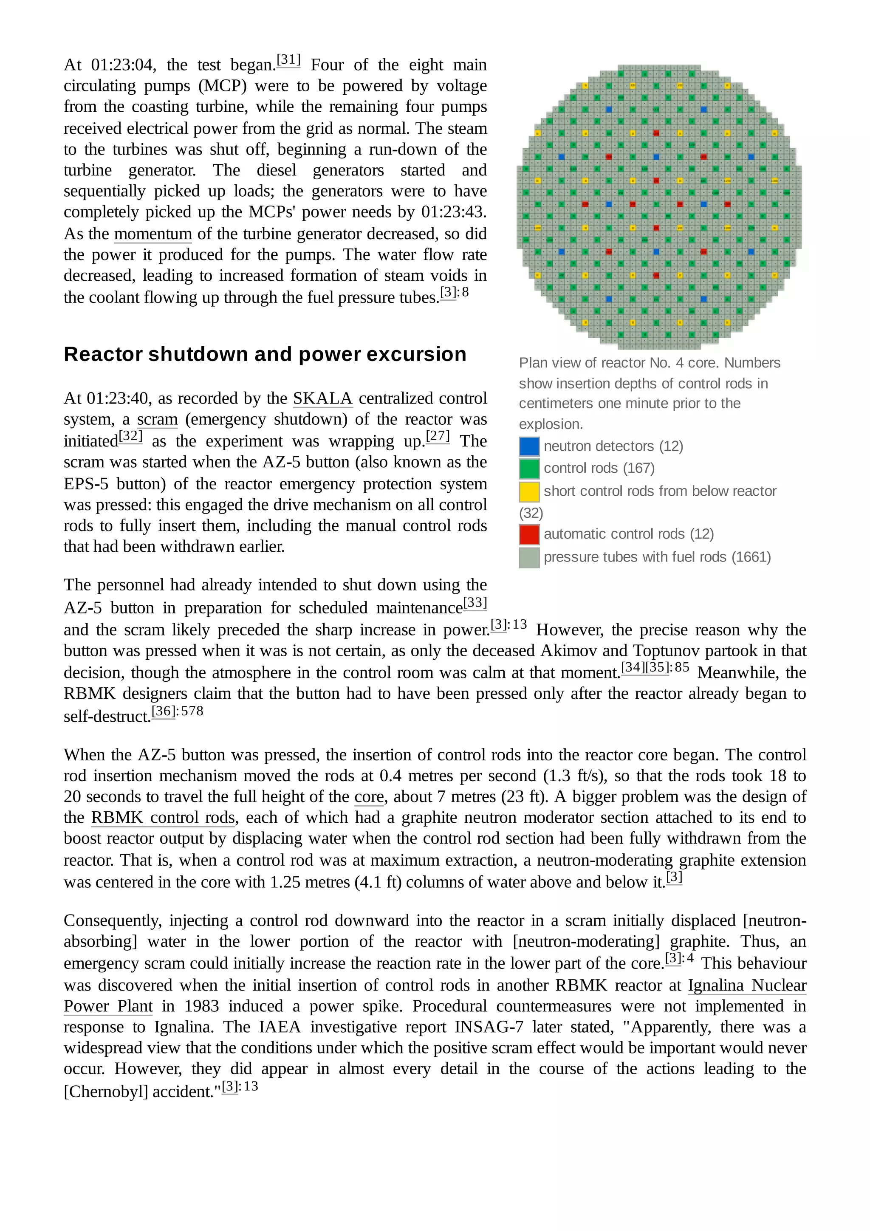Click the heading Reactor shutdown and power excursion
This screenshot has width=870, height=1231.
pyautogui.click(x=265, y=354)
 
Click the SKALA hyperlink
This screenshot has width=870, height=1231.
pyautogui.click(x=322, y=398)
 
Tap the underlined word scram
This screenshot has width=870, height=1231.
pyautogui.click(x=157, y=419)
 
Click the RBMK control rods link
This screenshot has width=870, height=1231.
pyautogui.click(x=163, y=818)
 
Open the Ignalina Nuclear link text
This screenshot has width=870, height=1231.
pyautogui.click(x=747, y=985)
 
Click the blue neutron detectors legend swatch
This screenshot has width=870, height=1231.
pyautogui.click(x=529, y=446)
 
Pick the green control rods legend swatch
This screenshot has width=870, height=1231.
pyautogui.click(x=529, y=469)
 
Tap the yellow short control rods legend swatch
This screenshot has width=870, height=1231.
pyautogui.click(x=529, y=491)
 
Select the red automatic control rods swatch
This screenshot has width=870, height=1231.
pyautogui.click(x=529, y=534)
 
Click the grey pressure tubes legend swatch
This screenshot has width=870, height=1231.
pyautogui.click(x=529, y=558)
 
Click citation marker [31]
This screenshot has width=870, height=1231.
pyautogui.click(x=288, y=59)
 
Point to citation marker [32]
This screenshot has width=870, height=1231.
pyautogui.click(x=131, y=436)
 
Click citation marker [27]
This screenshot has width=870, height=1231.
pyautogui.click(x=438, y=436)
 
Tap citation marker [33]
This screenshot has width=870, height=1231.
pyautogui.click(x=475, y=603)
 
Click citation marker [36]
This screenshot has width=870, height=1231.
pyautogui.click(x=164, y=711)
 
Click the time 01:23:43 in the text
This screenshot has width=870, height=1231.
pyautogui.click(x=452, y=212)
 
